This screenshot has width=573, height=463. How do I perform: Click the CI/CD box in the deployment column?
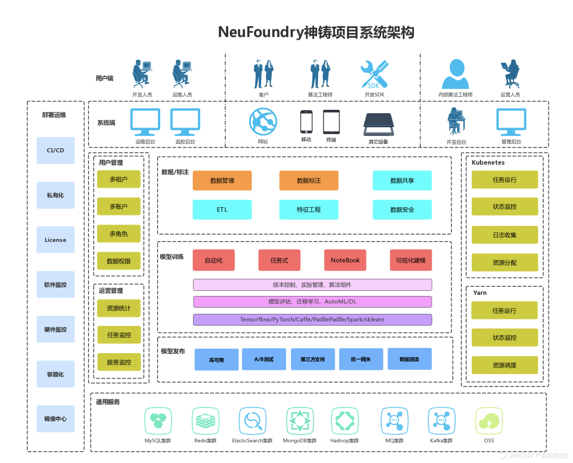click(x=55, y=150)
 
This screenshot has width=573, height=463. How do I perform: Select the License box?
click(x=55, y=240)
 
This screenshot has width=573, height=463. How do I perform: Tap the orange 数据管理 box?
click(x=222, y=181)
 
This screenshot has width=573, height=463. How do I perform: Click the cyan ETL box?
click(x=222, y=209)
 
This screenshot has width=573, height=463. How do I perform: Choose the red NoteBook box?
click(x=345, y=260)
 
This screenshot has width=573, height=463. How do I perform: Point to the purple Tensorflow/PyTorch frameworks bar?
click(x=312, y=320)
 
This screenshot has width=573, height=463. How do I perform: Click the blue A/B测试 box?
click(x=264, y=359)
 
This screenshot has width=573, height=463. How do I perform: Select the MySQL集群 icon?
click(x=158, y=421)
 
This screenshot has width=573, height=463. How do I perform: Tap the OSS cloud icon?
click(x=489, y=421)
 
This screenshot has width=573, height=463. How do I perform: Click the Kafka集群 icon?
click(x=441, y=421)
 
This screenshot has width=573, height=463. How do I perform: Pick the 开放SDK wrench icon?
click(x=374, y=74)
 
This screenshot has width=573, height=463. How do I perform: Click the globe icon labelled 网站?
click(x=263, y=122)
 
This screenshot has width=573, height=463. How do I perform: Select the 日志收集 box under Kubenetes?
click(x=504, y=235)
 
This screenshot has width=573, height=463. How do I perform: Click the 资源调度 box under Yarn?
click(x=504, y=365)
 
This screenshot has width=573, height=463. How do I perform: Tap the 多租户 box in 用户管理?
click(x=119, y=179)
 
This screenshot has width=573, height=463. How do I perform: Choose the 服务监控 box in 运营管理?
click(x=119, y=362)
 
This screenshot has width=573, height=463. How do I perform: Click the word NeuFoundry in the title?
click(x=260, y=32)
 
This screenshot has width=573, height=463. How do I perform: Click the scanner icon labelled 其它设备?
click(x=378, y=125)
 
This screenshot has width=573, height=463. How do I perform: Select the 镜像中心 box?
click(x=55, y=419)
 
